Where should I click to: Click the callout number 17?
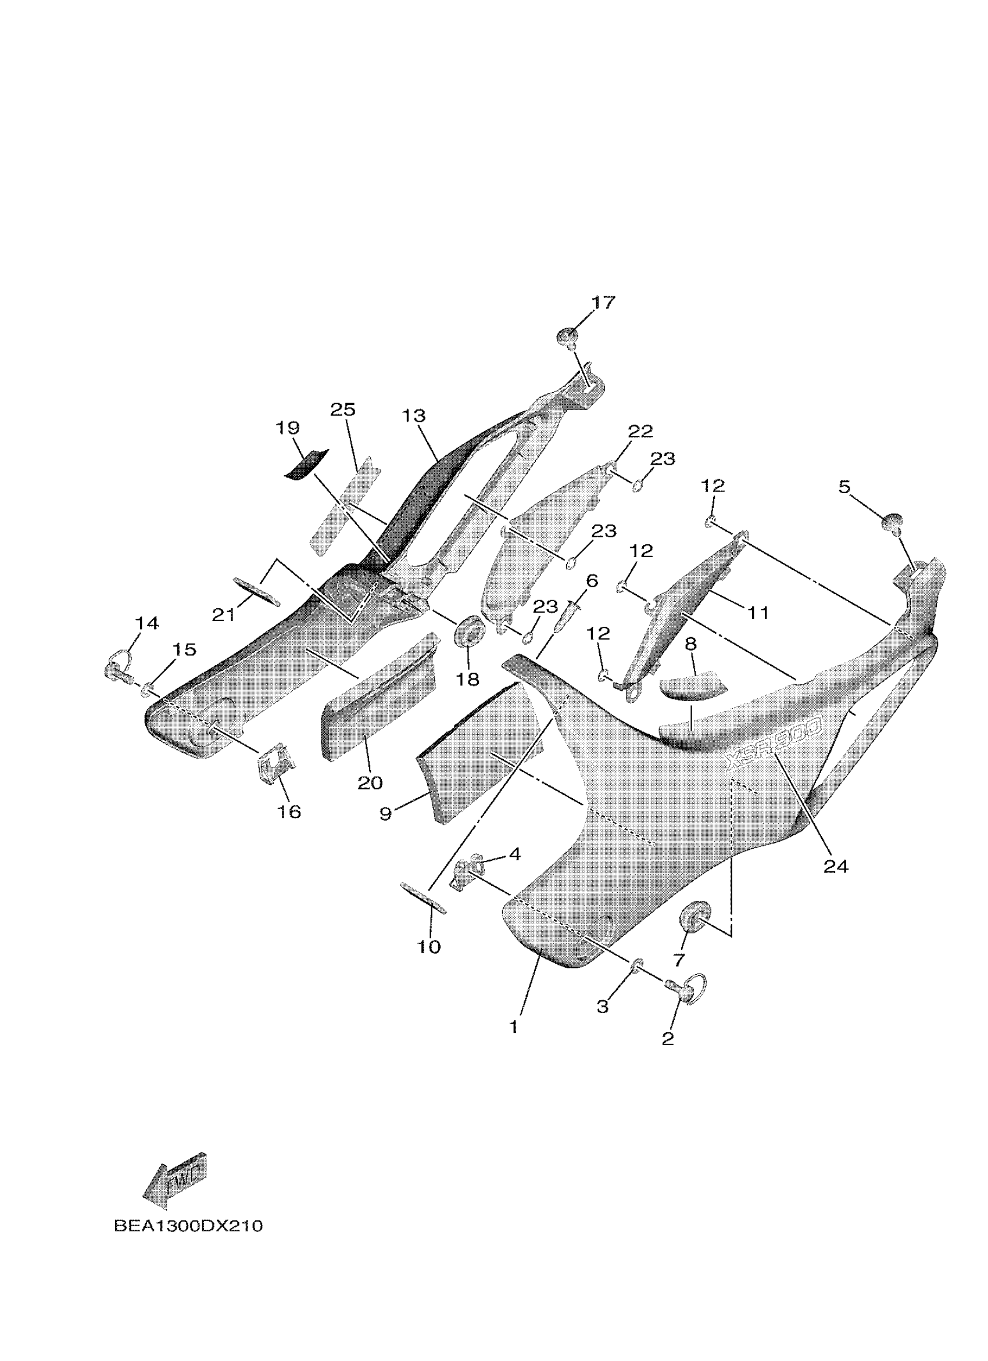click(603, 303)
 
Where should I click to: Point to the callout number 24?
click(836, 866)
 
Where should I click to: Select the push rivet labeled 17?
click(568, 337)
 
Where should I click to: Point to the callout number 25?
click(343, 410)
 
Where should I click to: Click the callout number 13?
click(414, 416)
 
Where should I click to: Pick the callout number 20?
click(370, 782)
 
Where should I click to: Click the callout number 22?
click(640, 432)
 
